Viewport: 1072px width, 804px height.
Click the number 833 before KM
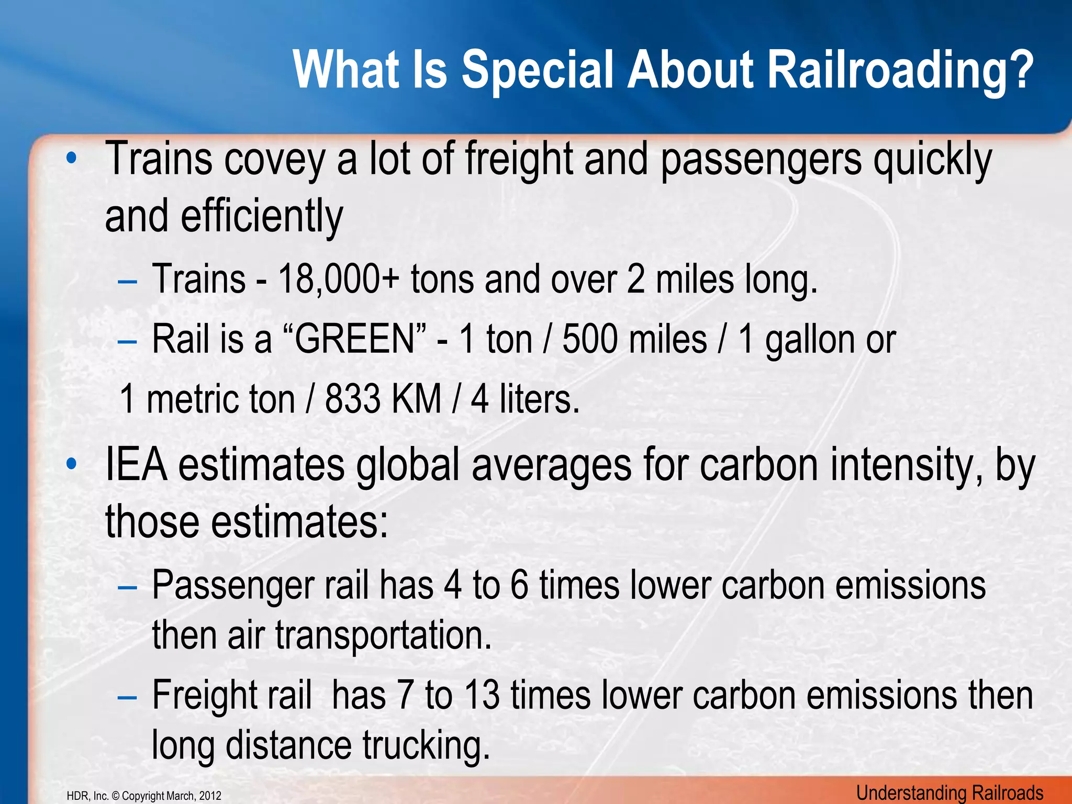pos(352,399)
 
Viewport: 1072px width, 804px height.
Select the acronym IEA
pos(136,465)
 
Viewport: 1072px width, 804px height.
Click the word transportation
pos(383,634)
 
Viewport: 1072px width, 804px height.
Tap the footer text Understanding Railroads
pos(950,793)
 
